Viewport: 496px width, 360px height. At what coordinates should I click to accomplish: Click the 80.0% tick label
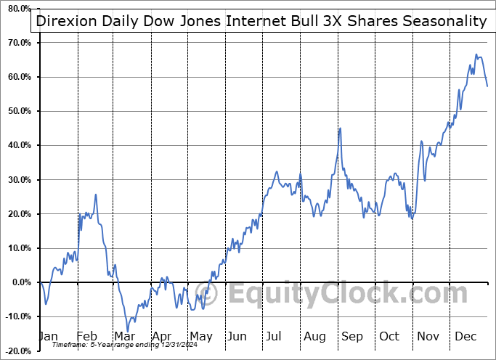coord(19,9)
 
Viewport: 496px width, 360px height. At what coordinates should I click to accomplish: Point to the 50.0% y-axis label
coord(19,111)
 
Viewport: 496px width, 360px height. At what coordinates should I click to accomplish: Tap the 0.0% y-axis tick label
coord(21,282)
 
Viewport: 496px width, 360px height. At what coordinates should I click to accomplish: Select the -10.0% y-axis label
coord(18,316)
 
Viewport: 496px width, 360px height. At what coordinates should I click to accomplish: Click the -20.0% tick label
coord(18,351)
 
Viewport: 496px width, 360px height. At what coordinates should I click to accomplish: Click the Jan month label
coord(48,336)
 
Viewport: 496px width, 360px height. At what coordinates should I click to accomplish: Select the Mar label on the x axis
coord(124,336)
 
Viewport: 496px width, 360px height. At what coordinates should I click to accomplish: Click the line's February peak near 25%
coord(96,195)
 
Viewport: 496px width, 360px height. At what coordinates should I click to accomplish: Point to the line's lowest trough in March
coord(127,332)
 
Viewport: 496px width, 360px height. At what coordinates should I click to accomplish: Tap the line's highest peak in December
coord(476,54)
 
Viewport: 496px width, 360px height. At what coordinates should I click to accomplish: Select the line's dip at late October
coord(412,218)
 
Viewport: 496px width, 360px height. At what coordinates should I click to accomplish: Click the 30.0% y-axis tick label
coord(19,179)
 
